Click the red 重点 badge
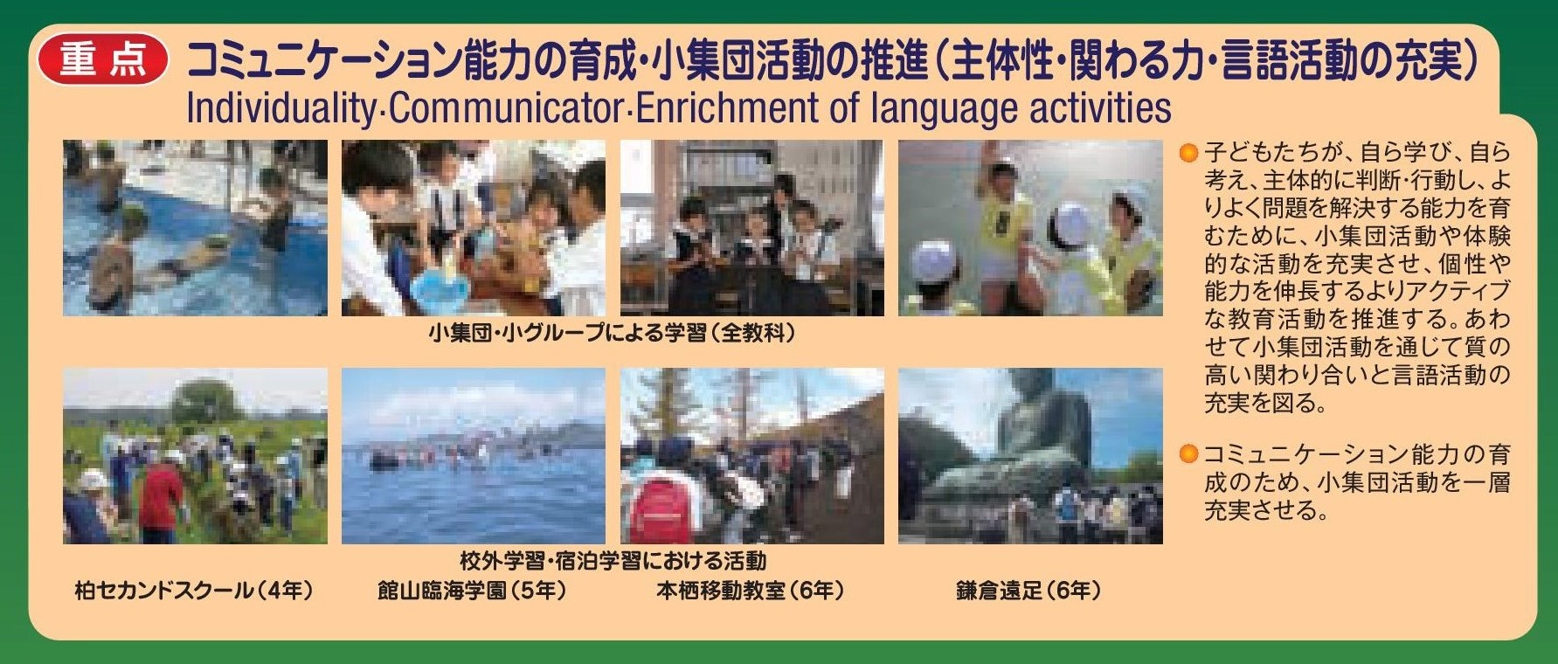pyautogui.click(x=102, y=59)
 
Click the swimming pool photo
pyautogui.click(x=195, y=228)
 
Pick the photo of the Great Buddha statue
pyautogui.click(x=1030, y=456)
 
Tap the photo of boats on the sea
pyautogui.click(x=473, y=456)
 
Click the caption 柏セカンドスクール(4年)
pyautogui.click(x=194, y=591)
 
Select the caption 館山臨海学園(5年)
pyautogui.click(x=472, y=591)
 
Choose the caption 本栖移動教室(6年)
pyautogui.click(x=751, y=591)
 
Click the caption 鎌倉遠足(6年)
pyautogui.click(x=1028, y=591)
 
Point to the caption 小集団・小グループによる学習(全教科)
pyautogui.click(x=612, y=334)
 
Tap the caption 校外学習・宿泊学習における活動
pyautogui.click(x=613, y=560)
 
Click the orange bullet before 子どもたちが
pyautogui.click(x=1188, y=155)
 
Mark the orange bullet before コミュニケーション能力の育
pyautogui.click(x=1188, y=454)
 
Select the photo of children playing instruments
pyautogui.click(x=751, y=228)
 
